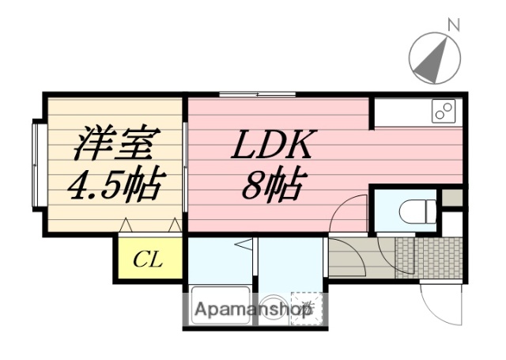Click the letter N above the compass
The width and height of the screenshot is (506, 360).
coord(454,25)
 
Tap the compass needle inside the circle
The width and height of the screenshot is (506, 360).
coord(434,59)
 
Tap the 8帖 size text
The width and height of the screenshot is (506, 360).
coord(271,187)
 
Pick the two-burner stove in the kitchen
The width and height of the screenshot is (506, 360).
coord(443,111)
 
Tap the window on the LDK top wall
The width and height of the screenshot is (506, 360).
coord(258,95)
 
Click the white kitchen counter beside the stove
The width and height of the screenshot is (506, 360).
coord(399,111)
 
